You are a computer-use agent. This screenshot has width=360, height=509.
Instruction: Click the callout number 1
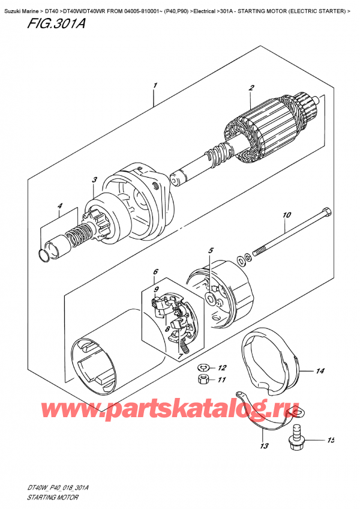[x=155, y=86]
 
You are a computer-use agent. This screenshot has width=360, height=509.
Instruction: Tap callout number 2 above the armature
[x=251, y=88]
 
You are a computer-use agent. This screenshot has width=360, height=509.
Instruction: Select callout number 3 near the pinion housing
[x=94, y=179]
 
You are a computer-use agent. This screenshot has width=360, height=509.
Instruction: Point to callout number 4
[x=60, y=205]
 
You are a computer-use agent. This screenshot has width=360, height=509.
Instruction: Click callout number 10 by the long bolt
[x=287, y=215]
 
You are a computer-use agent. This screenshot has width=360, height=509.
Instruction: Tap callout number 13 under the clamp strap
[x=265, y=446]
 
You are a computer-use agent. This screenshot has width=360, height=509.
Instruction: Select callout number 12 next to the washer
[x=222, y=368]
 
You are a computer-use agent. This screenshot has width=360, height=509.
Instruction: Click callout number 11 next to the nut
[x=222, y=379]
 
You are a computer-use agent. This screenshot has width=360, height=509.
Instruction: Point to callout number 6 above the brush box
[x=155, y=271]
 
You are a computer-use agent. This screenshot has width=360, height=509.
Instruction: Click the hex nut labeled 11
[x=202, y=379]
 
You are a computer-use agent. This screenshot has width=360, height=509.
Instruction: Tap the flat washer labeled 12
[x=202, y=367]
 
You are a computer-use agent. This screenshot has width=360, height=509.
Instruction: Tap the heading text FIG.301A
[x=56, y=23]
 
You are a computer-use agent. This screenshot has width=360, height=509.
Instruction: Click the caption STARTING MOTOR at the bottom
[x=52, y=498]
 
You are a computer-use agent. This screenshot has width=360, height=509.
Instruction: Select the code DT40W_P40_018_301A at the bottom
[x=58, y=488]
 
